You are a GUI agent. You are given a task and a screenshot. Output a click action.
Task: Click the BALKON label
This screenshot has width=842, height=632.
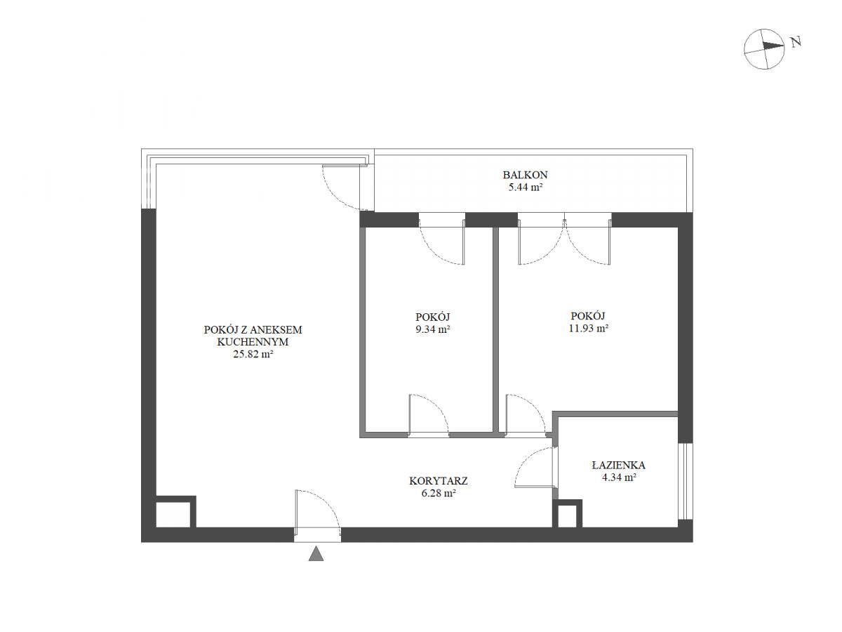point(525,175)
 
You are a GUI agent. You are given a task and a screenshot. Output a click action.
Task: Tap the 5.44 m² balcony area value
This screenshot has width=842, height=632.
point(525,187)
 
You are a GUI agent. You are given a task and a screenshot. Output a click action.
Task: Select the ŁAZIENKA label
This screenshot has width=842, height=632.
point(618,466)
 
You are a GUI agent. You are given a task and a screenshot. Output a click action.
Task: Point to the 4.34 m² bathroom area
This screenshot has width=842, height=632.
point(619,478)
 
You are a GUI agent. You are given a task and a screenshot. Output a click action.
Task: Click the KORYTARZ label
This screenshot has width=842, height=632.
point(439,481)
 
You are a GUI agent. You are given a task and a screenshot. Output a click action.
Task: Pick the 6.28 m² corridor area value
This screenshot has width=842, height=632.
point(439,494)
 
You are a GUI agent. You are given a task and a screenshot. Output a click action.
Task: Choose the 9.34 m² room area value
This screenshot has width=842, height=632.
point(433,329)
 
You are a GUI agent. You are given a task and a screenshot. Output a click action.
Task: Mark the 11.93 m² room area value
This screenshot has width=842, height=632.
point(589,329)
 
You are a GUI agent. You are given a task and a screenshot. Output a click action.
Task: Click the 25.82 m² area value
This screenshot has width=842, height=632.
point(253,354)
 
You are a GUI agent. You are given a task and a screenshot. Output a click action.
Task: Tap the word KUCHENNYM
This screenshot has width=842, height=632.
point(253,342)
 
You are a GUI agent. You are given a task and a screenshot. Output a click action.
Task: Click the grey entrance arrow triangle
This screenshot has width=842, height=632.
point(316,554)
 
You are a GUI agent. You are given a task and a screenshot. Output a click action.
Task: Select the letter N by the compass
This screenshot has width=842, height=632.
point(796,41)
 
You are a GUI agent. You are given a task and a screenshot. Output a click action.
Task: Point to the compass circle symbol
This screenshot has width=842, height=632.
point(764,49)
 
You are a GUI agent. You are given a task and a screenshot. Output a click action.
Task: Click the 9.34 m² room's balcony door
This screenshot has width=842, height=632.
point(442,242)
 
